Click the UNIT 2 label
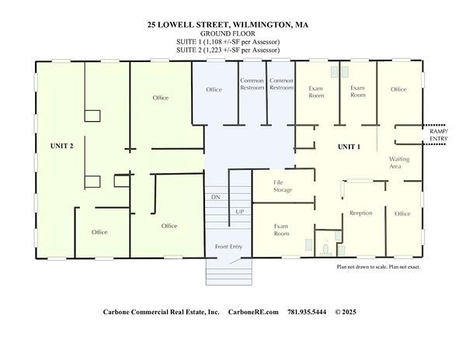pyautogui.click(x=61, y=146)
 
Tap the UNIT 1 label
pyautogui.click(x=349, y=147)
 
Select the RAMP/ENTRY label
pyautogui.click(x=439, y=135)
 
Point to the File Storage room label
pyautogui.click(x=283, y=186)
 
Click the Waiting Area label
pyautogui.click(x=399, y=163)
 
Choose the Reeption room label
pyautogui.click(x=361, y=213)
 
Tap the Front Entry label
pyautogui.click(x=228, y=247)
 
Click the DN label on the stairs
pyautogui.click(x=215, y=197)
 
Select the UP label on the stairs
pyautogui.click(x=239, y=212)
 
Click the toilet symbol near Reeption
pyautogui.click(x=325, y=250)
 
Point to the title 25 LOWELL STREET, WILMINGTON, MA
pyautogui.click(x=228, y=25)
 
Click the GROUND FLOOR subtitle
pyautogui.click(x=228, y=33)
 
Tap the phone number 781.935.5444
pyautogui.click(x=307, y=312)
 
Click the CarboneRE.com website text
pyautogui.click(x=253, y=312)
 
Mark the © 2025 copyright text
pyautogui.click(x=346, y=312)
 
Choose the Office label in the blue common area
pyautogui.click(x=214, y=90)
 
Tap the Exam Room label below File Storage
pyautogui.click(x=281, y=230)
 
